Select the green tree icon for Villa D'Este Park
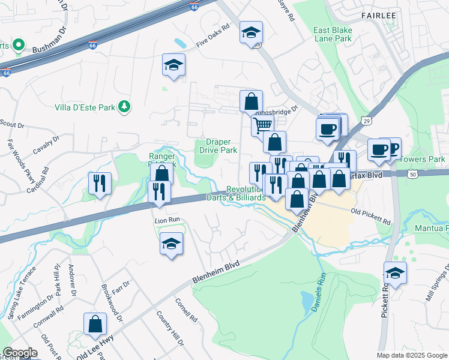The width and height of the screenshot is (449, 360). [124, 106]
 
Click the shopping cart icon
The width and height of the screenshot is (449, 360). [262, 125]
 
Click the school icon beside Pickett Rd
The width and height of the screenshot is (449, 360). [395, 272]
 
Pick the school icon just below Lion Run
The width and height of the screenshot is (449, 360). [172, 244]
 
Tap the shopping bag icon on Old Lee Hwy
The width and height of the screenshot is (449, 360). [95, 324]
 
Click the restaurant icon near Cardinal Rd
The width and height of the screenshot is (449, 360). [100, 182]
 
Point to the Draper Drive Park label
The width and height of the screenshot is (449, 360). [218, 146]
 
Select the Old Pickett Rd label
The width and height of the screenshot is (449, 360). [370, 217]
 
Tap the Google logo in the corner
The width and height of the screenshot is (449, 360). [20, 353]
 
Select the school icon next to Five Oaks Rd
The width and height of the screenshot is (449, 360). [251, 32]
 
